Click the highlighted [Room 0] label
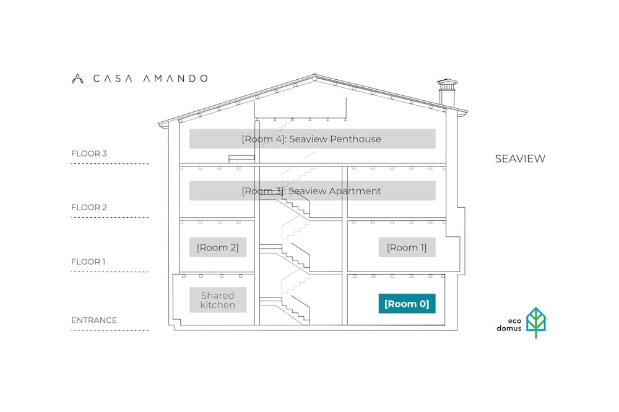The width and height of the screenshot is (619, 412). (407, 304)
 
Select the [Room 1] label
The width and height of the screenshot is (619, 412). (407, 247)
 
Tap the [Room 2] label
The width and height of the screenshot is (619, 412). (218, 247)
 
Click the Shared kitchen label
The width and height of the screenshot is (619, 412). (218, 300)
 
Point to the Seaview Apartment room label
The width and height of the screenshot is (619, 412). (312, 191)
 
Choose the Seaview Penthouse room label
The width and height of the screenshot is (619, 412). (312, 139)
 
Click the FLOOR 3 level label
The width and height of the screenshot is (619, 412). (89, 153)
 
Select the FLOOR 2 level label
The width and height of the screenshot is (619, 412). (89, 207)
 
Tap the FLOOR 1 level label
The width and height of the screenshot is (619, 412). (89, 262)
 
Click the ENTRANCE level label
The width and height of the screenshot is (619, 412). (94, 320)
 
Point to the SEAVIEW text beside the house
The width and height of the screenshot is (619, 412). (521, 158)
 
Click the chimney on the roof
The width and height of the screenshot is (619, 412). (448, 93)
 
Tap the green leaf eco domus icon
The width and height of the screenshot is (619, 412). (536, 322)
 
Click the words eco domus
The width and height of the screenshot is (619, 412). (509, 324)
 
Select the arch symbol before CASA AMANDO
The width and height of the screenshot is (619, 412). (77, 79)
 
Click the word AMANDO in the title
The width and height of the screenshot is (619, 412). (175, 79)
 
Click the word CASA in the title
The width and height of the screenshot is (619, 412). (113, 79)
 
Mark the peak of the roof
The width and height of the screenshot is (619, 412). (314, 74)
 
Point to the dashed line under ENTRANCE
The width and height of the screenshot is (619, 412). (110, 330)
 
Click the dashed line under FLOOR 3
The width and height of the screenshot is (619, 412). (110, 163)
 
